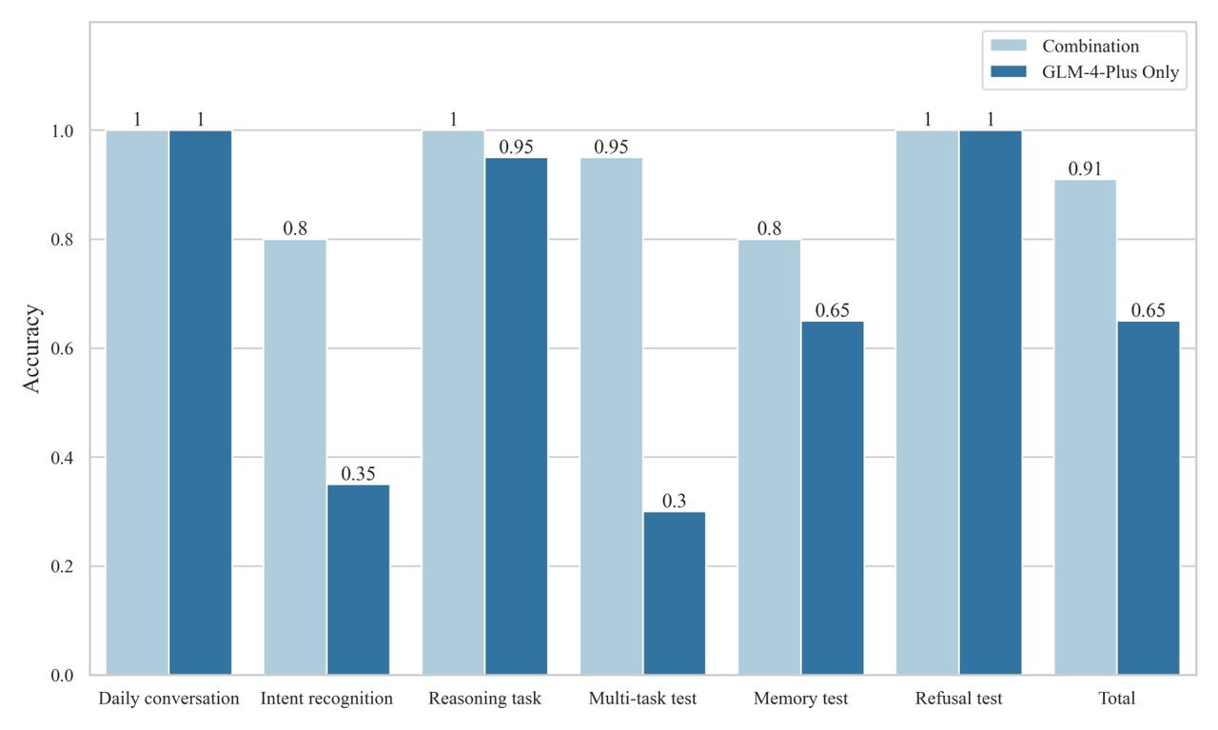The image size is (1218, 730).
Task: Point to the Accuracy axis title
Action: [x=31, y=348]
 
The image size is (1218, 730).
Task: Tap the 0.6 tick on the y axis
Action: [x=62, y=348]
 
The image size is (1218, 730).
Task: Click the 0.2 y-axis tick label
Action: [x=62, y=566]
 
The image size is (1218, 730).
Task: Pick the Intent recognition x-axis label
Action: [x=326, y=699]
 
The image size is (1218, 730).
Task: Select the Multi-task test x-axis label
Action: [x=642, y=699]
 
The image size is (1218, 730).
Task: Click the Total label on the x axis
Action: [x=1117, y=699]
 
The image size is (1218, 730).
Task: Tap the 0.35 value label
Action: [x=359, y=474]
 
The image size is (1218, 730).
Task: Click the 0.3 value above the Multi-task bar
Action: [x=675, y=501]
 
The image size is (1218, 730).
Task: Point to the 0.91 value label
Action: [x=1085, y=169]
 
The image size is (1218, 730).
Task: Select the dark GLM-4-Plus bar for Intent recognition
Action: [x=359, y=580]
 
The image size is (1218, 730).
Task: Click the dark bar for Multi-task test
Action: [x=675, y=594]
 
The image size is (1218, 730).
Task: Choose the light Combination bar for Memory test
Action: [x=769, y=458]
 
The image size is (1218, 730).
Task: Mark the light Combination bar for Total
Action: [x=1086, y=427]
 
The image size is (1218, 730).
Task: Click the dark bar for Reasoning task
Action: [x=516, y=417]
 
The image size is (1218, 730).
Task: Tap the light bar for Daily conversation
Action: [x=137, y=404]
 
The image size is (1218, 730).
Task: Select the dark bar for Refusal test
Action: [x=991, y=404]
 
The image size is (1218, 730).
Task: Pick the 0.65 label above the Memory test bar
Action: [x=832, y=310]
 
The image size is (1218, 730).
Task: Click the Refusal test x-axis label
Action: [x=958, y=699]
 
